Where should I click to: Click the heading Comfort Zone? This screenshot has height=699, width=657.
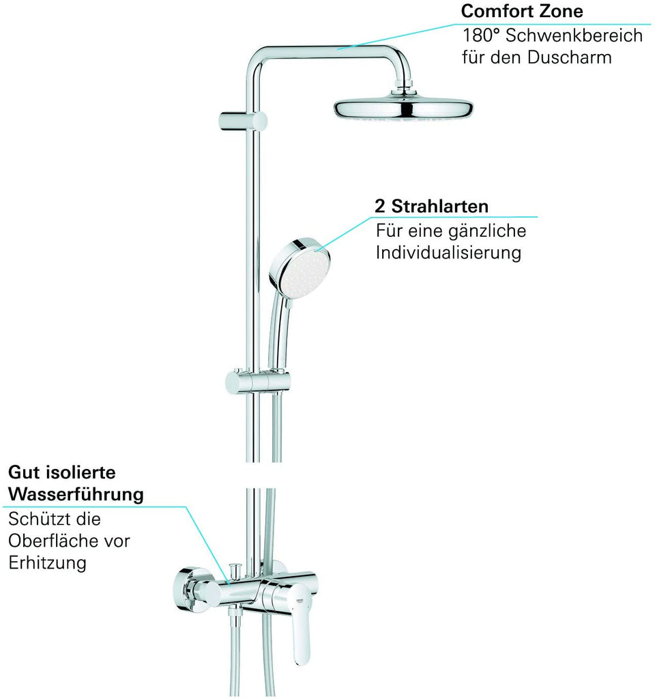522,11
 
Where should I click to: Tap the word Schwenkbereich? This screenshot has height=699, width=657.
574,35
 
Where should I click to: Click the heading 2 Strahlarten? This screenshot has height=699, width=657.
432,206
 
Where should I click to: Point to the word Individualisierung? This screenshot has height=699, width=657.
448,253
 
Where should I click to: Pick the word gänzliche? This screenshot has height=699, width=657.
488,231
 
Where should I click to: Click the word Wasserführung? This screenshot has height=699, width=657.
76,494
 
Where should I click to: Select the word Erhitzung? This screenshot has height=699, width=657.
47,562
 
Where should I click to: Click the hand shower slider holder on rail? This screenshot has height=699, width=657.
257,382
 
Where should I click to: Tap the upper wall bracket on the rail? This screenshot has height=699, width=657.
243,122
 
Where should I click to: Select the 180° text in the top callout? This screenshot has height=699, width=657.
482,35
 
